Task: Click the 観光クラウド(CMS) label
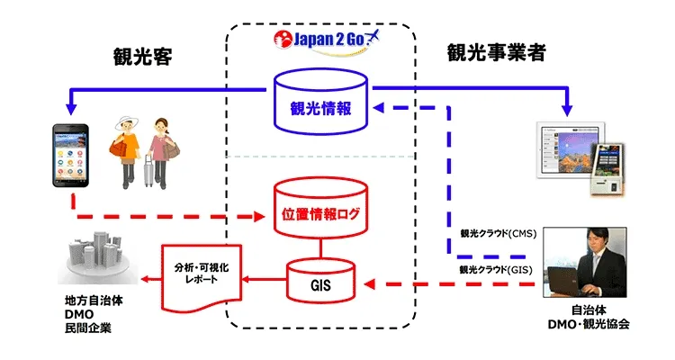[498, 234]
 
